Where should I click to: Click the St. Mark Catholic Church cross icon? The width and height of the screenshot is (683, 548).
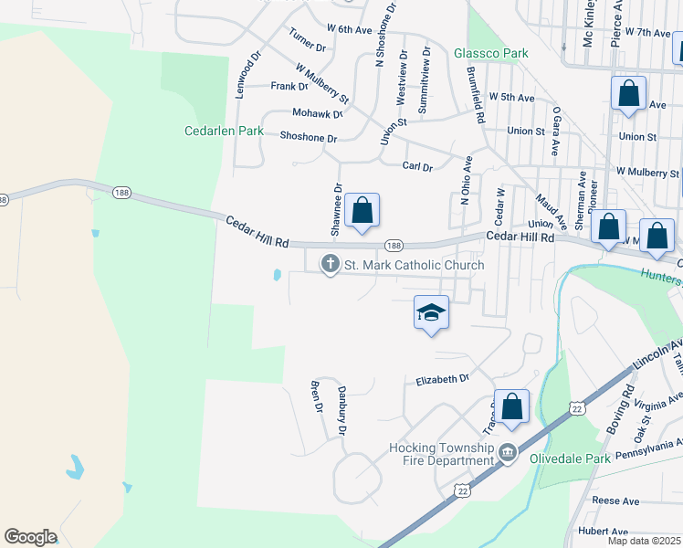pyautogui.click(x=330, y=265)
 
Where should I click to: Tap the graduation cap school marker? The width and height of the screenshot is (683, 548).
pyautogui.click(x=431, y=312)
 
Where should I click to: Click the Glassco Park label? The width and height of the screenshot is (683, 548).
pyautogui.click(x=491, y=53)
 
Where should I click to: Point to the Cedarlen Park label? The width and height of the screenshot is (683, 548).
pyautogui.click(x=224, y=132)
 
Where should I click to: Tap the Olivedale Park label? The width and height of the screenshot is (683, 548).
pyautogui.click(x=571, y=459)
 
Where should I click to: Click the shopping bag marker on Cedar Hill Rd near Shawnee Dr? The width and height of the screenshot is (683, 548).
pyautogui.click(x=363, y=211)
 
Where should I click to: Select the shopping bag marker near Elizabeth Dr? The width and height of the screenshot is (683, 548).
pyautogui.click(x=512, y=406)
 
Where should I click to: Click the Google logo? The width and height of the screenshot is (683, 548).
pyautogui.click(x=30, y=537)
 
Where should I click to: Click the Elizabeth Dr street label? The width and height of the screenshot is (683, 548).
pyautogui.click(x=443, y=378)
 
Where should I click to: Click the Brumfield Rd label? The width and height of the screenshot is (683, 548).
pyautogui.click(x=475, y=95)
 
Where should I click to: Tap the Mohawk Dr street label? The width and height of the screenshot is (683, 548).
pyautogui.click(x=317, y=114)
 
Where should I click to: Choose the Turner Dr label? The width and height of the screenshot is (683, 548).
pyautogui.click(x=307, y=40)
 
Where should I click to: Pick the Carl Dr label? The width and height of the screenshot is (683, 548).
pyautogui.click(x=417, y=166)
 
